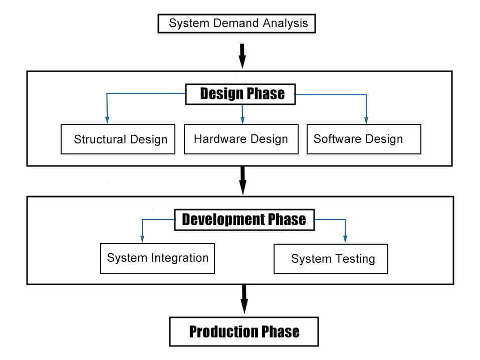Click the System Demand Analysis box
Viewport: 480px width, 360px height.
[x=236, y=23]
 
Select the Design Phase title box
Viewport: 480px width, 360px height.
[x=241, y=94]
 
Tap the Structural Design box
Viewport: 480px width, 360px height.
[x=118, y=139]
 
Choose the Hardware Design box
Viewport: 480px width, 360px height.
[x=241, y=139]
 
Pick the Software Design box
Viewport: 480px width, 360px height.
[x=364, y=139]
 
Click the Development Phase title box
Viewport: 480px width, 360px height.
[x=245, y=220]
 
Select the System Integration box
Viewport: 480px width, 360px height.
[x=158, y=258]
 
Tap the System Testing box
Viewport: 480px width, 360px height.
[x=331, y=259]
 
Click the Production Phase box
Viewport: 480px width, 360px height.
[x=244, y=332]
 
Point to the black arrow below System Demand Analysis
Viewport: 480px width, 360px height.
[x=242, y=56]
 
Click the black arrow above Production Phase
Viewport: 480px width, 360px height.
[x=244, y=299]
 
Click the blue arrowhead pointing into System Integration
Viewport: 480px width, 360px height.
[x=142, y=239]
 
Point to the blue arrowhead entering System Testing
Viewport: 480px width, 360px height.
[x=345, y=239]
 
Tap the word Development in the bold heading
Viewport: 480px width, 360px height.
[x=223, y=220]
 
